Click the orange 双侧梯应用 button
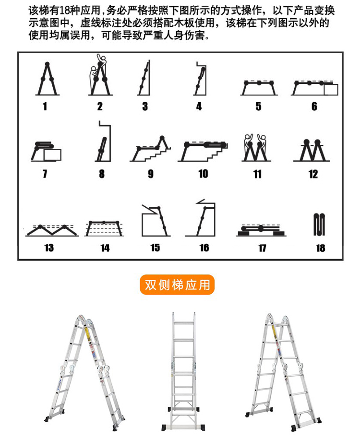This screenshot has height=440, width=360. coord(177,285)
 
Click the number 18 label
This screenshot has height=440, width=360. coord(321,248)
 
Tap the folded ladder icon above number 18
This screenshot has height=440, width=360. coord(319,225)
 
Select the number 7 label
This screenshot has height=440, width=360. coord(45,174)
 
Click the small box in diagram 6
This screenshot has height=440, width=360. coord(331,90)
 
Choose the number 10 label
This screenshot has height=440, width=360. coord(204,174)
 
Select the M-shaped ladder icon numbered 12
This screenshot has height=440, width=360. coord(312,150)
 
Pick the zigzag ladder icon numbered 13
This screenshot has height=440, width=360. coord(52,230)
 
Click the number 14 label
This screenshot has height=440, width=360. coord(105,248)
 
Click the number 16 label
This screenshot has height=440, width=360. coord(204,248)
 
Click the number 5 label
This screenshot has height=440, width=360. coord(258,107)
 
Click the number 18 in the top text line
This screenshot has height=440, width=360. coord(65,11)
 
